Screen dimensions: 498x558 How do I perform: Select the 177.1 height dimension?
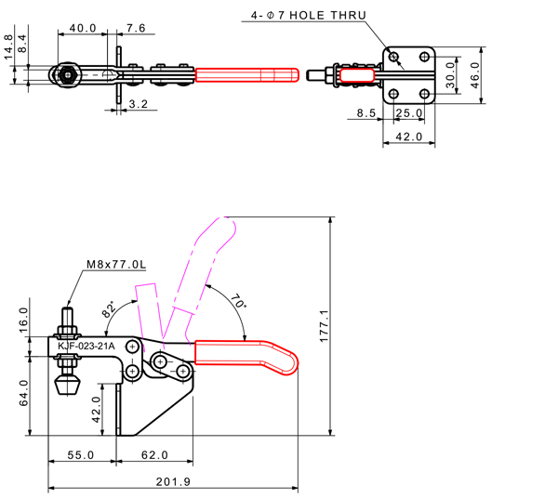pyautogui.click(x=345, y=326)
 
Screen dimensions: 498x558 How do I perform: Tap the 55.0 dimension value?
pyautogui.click(x=81, y=455)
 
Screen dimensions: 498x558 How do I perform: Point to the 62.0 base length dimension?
pyautogui.click(x=154, y=455)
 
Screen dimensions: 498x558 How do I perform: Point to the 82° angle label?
pyautogui.click(x=111, y=310)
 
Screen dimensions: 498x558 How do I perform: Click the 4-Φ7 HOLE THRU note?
pyautogui.click(x=308, y=16)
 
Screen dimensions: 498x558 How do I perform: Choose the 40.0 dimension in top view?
pyautogui.click(x=84, y=28)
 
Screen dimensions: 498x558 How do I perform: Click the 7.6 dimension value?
pyautogui.click(x=135, y=28)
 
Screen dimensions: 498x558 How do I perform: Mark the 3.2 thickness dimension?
pyautogui.click(x=139, y=105)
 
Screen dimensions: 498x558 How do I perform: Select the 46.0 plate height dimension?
pyautogui.click(x=474, y=72)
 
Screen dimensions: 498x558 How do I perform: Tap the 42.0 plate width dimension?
pyautogui.click(x=409, y=137)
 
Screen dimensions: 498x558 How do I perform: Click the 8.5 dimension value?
pyautogui.click(x=365, y=113)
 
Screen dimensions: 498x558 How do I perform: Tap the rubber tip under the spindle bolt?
pyautogui.click(x=67, y=383)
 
